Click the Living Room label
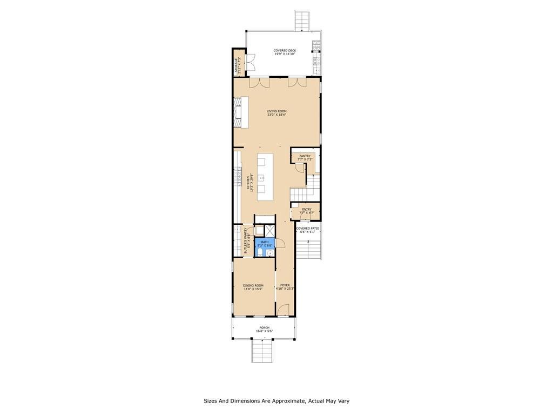click(x=276, y=113)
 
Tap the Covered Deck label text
click(x=285, y=52)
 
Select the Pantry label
click(x=305, y=158)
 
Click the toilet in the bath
click(x=260, y=252)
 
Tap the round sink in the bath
click(x=270, y=253)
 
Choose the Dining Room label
click(x=253, y=287)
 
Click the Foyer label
click(x=285, y=287)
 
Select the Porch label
click(x=264, y=329)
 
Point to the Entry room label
click(x=306, y=211)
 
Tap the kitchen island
click(x=265, y=177)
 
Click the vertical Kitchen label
click(x=250, y=183)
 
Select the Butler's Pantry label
click(x=246, y=241)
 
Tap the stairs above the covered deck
click(x=302, y=22)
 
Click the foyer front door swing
click(x=283, y=310)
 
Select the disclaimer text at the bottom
click(x=280, y=401)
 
